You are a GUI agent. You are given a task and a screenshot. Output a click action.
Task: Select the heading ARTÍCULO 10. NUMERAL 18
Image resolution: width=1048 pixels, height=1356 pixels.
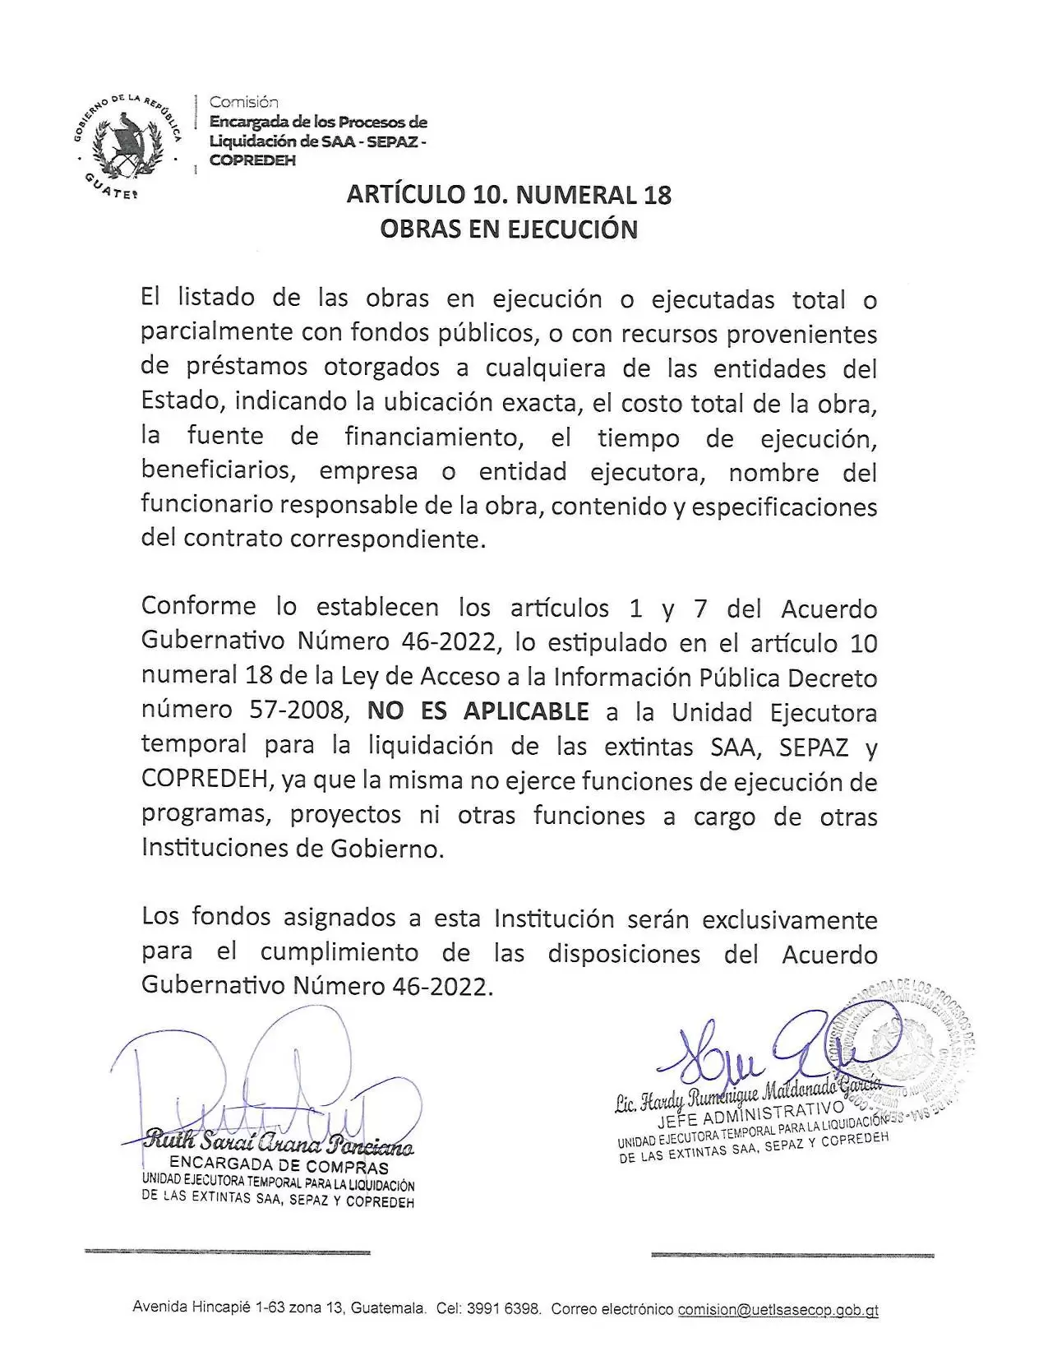pyautogui.click(x=509, y=195)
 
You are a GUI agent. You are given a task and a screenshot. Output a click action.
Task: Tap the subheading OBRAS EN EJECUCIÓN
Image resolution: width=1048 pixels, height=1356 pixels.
pyautogui.click(x=509, y=229)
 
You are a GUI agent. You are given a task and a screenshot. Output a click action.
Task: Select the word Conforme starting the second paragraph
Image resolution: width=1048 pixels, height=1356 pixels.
pyautogui.click(x=198, y=607)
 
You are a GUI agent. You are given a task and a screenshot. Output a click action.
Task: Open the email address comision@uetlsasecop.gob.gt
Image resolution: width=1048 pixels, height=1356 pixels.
pyautogui.click(x=778, y=1309)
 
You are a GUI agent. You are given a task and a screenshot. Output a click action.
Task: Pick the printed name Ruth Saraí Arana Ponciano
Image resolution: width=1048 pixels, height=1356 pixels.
pyautogui.click(x=279, y=1144)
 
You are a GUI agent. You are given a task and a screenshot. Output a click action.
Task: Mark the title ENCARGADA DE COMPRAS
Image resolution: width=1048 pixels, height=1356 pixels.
pyautogui.click(x=279, y=1166)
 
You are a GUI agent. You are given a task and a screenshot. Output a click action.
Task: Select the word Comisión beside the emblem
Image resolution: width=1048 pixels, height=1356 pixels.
pyautogui.click(x=244, y=103)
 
